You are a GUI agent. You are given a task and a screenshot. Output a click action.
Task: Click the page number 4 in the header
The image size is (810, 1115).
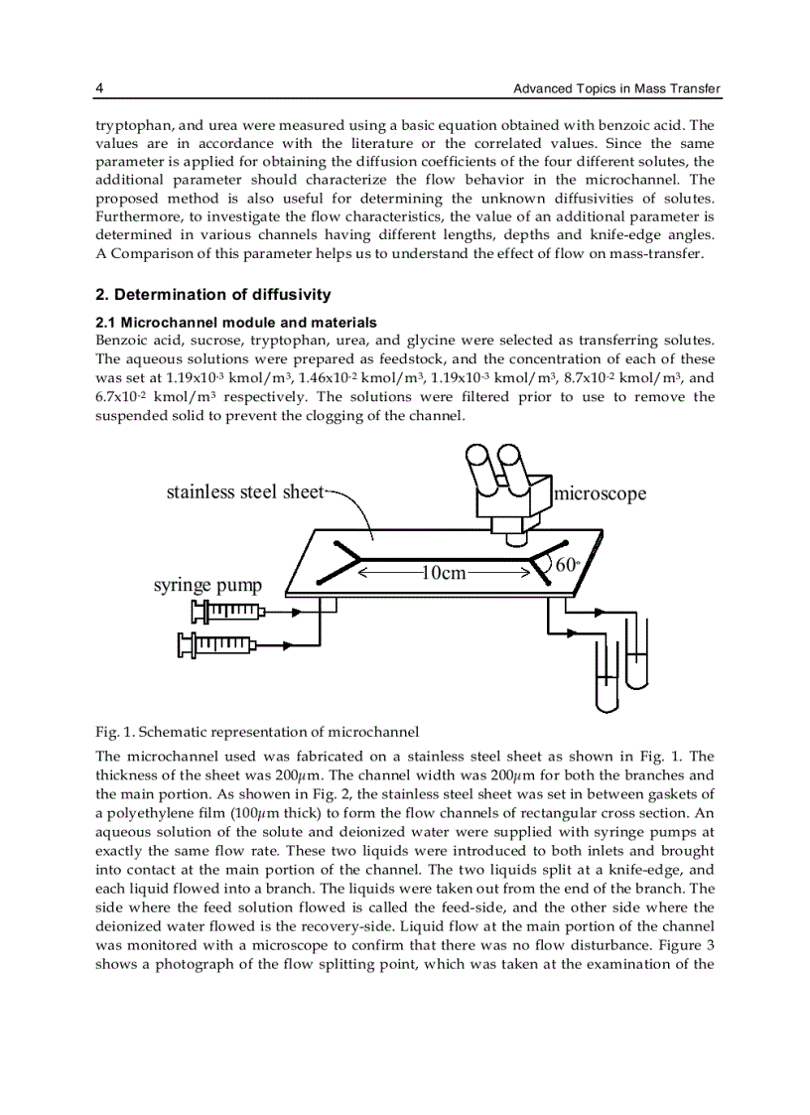point(99,89)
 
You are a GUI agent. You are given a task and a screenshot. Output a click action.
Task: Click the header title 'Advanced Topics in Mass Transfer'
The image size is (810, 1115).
point(615,89)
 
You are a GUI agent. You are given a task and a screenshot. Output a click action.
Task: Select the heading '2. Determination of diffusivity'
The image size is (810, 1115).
point(213,295)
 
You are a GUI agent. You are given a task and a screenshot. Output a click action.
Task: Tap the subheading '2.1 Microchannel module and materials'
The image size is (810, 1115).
point(235,322)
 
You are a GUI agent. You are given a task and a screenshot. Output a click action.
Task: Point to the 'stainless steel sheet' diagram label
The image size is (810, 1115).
point(244,491)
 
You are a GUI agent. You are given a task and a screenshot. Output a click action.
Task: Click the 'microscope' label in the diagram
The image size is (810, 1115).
point(600,493)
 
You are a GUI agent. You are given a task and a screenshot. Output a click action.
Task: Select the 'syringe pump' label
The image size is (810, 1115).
point(207,585)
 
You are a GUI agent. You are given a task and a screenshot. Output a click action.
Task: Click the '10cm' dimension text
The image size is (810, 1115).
point(444,573)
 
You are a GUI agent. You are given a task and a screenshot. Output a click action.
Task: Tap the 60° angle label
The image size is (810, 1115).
point(567,565)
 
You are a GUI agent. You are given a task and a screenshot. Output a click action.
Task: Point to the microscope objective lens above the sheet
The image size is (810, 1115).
point(515,538)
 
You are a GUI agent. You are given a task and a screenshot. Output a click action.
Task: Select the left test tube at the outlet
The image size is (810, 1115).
point(606,675)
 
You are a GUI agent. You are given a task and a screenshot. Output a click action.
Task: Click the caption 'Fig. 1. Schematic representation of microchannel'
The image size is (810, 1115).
point(257,733)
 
